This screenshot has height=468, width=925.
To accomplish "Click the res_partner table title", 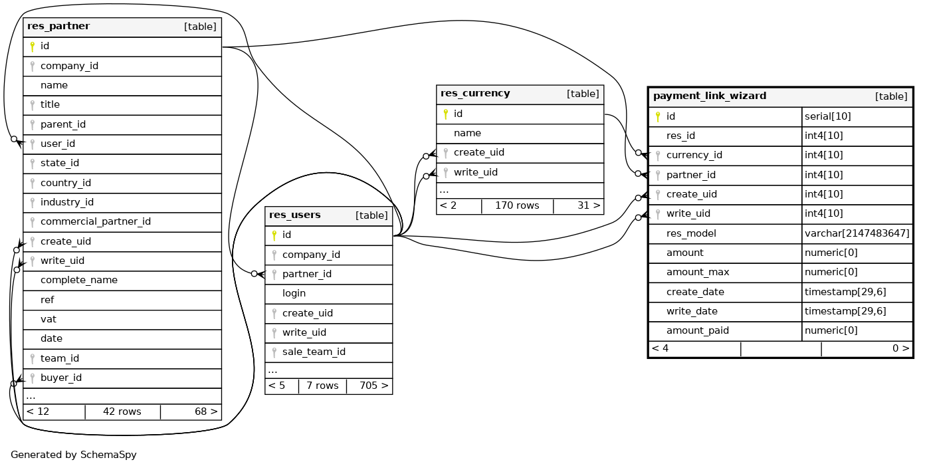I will [58, 27].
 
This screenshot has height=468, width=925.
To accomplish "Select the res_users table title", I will [295, 215].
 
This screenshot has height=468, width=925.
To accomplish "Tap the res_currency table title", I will [475, 94].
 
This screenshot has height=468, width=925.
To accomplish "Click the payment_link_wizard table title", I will [710, 96].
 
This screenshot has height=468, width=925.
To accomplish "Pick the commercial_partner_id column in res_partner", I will [96, 221].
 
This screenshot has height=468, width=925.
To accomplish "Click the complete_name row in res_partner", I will [79, 280].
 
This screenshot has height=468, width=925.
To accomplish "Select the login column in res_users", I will [294, 293].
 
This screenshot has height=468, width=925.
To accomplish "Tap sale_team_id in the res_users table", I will [314, 352].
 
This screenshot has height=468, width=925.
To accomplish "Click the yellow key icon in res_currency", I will [446, 114].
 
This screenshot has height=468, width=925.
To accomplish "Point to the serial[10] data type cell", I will [827, 116].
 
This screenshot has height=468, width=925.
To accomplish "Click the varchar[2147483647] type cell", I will [857, 233].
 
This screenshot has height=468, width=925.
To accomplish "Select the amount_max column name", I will [698, 272].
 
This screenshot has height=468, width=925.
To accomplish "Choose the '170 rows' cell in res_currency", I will [517, 205].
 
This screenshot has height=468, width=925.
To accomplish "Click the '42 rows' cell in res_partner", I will [122, 411].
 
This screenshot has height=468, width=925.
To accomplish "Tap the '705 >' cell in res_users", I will [373, 386].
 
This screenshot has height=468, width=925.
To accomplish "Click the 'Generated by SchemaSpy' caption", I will [74, 455].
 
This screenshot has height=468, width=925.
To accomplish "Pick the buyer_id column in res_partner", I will [61, 378].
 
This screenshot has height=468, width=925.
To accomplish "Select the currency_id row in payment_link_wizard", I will [694, 155].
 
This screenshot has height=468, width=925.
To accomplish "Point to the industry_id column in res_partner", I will [67, 202].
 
